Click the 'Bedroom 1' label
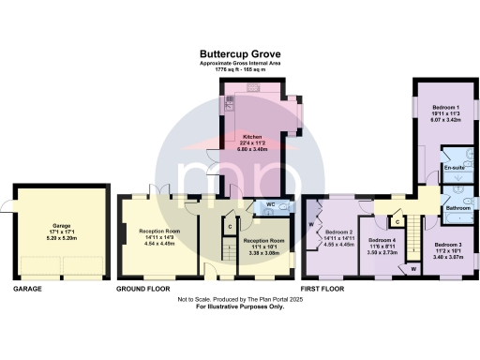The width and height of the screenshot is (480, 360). click(438, 109)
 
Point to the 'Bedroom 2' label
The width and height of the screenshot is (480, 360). click(339, 232)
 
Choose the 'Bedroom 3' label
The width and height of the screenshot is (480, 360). click(447, 246)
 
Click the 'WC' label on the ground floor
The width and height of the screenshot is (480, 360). click(269, 203)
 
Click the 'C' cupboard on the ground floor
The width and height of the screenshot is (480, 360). click(229, 225)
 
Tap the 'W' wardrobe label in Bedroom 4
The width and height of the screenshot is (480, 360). click(412, 269)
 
